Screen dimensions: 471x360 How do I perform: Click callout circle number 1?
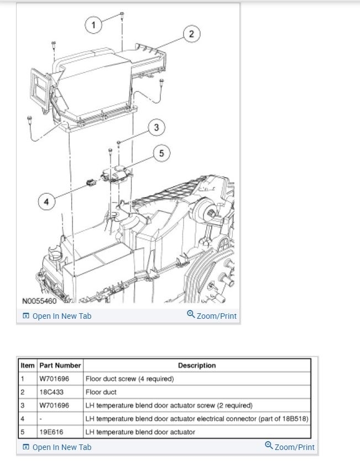[94, 24]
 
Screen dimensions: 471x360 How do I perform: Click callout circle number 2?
[191, 34]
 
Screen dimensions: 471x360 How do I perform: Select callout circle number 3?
[156, 128]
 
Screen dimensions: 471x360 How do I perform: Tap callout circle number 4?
[46, 202]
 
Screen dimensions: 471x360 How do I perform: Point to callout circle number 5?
[161, 153]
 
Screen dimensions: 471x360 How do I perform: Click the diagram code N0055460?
[39, 302]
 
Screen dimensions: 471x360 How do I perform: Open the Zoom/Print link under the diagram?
[212, 316]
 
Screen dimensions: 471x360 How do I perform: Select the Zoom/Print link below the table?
[290, 447]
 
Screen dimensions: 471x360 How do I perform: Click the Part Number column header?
[60, 365]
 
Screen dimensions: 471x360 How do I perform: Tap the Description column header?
[197, 365]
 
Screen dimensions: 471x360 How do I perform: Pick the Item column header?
[28, 365]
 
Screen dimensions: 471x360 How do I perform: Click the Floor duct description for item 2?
[101, 392]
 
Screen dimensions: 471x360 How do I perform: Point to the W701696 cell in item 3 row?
[54, 405]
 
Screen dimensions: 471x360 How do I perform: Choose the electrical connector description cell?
[197, 418]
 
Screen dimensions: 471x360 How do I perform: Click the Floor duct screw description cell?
[129, 379]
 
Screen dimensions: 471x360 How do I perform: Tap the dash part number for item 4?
[41, 418]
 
